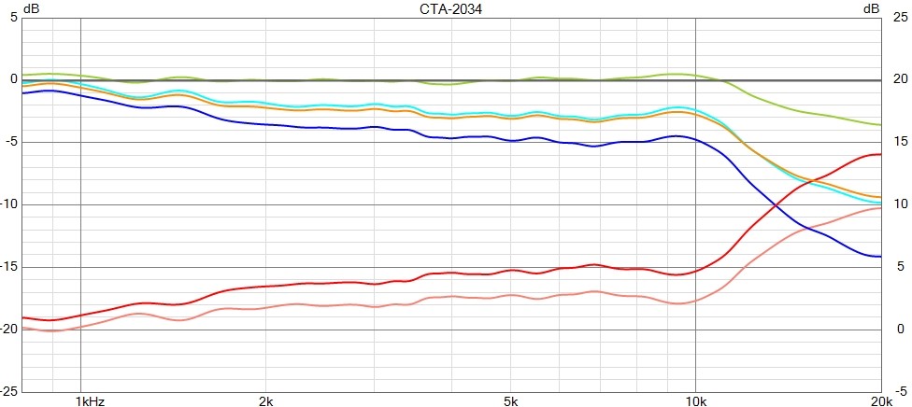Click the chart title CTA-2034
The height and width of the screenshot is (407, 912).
[456, 8]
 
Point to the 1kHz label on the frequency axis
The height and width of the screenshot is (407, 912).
[90, 401]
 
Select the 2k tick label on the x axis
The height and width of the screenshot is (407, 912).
[266, 401]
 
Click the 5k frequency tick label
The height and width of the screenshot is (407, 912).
[511, 401]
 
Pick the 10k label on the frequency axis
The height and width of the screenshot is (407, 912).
[695, 401]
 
